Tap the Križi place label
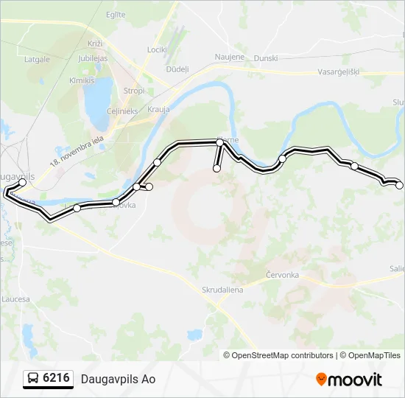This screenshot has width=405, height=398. pos(96,45)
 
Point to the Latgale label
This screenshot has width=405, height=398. pos(37,59)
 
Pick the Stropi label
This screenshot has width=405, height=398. pos(134,91)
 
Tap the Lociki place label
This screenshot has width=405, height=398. pos(157,50)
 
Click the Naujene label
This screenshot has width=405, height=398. pos(228,56)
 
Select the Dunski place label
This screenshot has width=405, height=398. pos(265,57)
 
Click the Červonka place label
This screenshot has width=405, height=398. pos(282,275)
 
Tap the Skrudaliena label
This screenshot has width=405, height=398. pos(222,290)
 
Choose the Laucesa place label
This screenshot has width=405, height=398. pos(16,299)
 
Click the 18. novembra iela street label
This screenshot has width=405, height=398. pos(74,151)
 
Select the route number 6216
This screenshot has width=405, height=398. pos(57,379)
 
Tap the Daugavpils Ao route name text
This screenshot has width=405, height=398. pos(118,380)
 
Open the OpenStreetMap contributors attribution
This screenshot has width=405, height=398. pos(282,355)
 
